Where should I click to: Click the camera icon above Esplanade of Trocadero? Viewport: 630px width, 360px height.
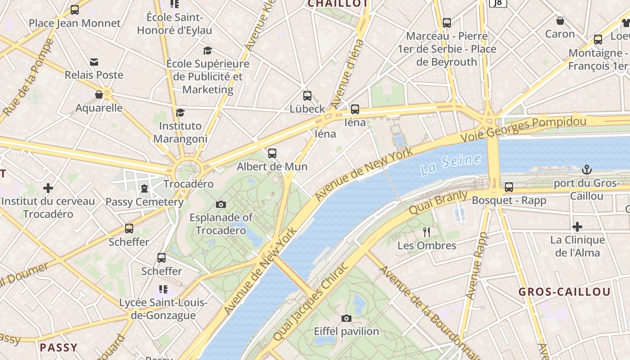(x=220, y=205)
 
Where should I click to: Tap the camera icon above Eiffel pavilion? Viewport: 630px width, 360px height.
(x=346, y=319)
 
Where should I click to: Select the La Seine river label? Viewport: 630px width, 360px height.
(x=450, y=165)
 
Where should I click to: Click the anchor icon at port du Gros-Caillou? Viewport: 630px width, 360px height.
(x=586, y=170)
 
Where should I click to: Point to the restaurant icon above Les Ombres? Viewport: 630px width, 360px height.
(x=427, y=232)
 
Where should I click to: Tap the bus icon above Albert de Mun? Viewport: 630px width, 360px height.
(x=272, y=153)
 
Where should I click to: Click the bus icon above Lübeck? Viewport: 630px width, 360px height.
(x=307, y=96)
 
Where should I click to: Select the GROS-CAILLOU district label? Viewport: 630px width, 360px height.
(x=564, y=292)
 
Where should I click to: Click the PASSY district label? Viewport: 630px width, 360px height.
(x=58, y=347)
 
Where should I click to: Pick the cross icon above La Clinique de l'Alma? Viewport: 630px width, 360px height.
(x=577, y=227)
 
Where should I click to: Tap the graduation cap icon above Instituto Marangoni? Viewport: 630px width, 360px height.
(x=180, y=112)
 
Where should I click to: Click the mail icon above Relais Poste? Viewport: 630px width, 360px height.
(x=94, y=62)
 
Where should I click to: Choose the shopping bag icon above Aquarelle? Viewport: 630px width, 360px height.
(x=99, y=94)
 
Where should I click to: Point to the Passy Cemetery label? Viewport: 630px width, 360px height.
(x=144, y=202)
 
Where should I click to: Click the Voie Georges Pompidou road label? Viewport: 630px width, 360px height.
(x=524, y=129)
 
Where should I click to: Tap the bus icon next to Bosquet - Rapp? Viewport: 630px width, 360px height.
(x=509, y=187)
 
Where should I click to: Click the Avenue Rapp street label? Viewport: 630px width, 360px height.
(x=476, y=265)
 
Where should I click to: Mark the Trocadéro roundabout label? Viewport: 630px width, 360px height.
(x=188, y=184)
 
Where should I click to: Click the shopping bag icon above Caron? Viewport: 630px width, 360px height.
(x=560, y=21)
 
